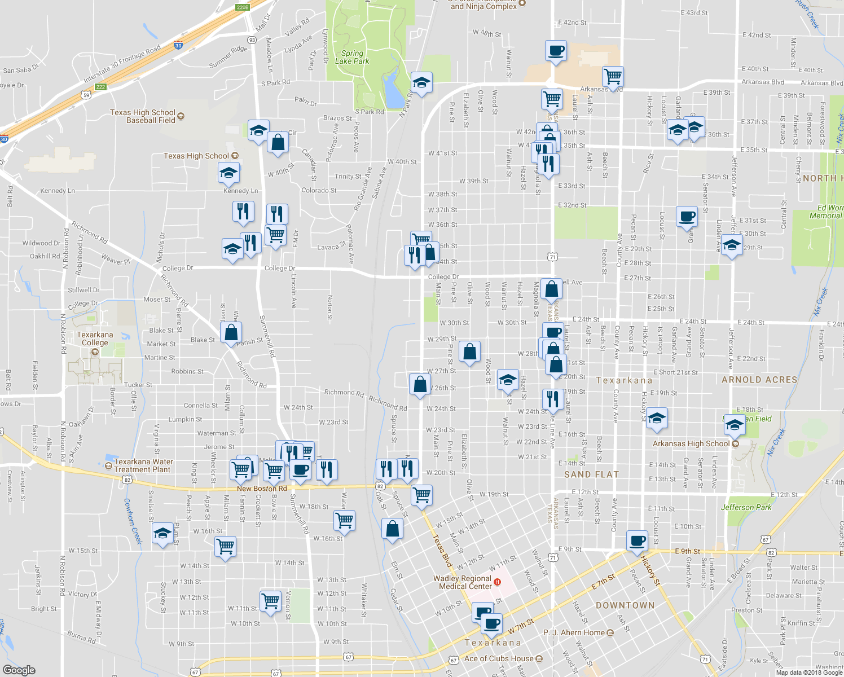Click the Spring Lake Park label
click(352, 57)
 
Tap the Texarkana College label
click(95, 338)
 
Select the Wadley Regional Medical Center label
click(462, 582)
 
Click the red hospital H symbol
click(497, 582)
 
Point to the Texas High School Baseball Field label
click(143, 116)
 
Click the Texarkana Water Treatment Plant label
click(143, 465)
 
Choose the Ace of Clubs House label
click(499, 658)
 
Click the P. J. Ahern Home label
click(574, 632)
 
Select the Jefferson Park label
click(746, 507)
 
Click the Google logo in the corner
click(19, 670)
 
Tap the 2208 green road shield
click(243, 7)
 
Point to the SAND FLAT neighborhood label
click(591, 474)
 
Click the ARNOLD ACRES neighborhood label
click(759, 380)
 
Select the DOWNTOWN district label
click(625, 605)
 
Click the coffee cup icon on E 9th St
click(637, 540)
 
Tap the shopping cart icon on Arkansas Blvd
click(612, 75)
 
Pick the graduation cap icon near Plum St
click(162, 533)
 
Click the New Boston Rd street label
click(262, 489)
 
